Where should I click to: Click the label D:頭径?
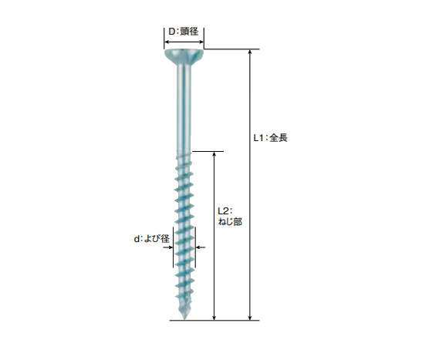(x=184, y=32)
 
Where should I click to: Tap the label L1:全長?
(x=271, y=138)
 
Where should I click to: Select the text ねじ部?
(x=230, y=222)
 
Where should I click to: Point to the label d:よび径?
(x=151, y=238)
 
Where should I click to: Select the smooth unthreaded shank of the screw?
(x=184, y=108)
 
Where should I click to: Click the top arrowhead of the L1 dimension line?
(x=250, y=52)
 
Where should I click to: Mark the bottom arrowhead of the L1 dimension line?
(x=250, y=318)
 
